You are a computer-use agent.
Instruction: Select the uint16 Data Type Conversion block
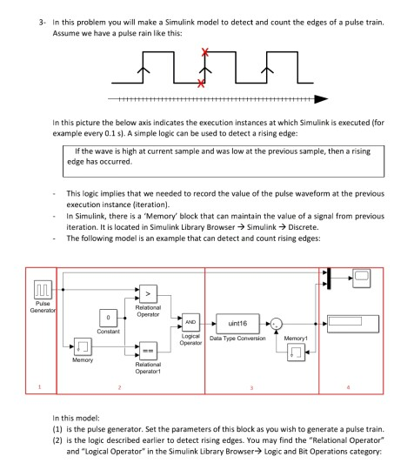(237, 321)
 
